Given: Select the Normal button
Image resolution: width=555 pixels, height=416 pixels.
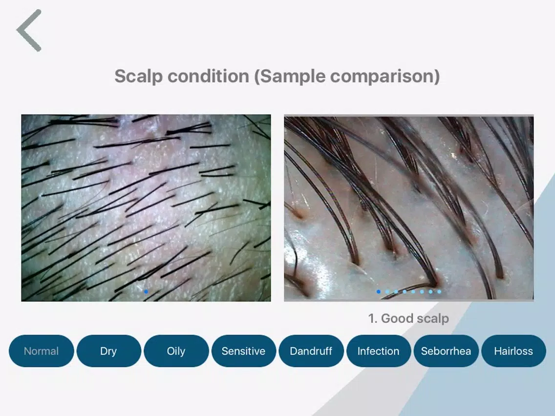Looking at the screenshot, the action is point(41,351).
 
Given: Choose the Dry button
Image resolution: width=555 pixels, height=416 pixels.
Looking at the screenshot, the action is point(108,351).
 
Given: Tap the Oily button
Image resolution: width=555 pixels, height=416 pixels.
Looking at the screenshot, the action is point(176,351).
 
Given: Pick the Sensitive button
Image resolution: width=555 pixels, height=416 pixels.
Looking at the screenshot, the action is point(243,351).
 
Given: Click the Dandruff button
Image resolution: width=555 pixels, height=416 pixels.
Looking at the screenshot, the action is point(311,351).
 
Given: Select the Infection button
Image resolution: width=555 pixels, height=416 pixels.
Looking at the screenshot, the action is point(378,351).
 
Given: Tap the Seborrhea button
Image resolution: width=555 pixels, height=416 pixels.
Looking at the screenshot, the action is point(446,351).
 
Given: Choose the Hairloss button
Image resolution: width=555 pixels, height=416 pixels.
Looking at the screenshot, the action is point(513,351).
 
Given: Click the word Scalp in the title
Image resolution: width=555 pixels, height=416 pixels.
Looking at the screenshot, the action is point(138,76).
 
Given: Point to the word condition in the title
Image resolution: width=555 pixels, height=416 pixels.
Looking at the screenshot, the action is point(209,76).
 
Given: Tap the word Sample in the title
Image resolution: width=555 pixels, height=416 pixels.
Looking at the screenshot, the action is point(290,76).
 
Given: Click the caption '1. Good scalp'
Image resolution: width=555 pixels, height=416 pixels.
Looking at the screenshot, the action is point(408,318).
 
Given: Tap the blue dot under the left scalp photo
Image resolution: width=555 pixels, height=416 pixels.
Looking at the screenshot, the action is point(146,292).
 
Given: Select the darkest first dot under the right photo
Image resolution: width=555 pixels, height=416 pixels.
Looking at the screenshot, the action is point(379,292).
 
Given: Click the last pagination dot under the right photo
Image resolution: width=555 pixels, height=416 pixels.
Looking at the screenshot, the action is point(439,292).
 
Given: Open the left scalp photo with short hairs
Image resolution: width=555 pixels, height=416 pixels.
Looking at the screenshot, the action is point(146,208).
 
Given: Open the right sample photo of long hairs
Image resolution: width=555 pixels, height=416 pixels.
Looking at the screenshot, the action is point(409,208).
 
